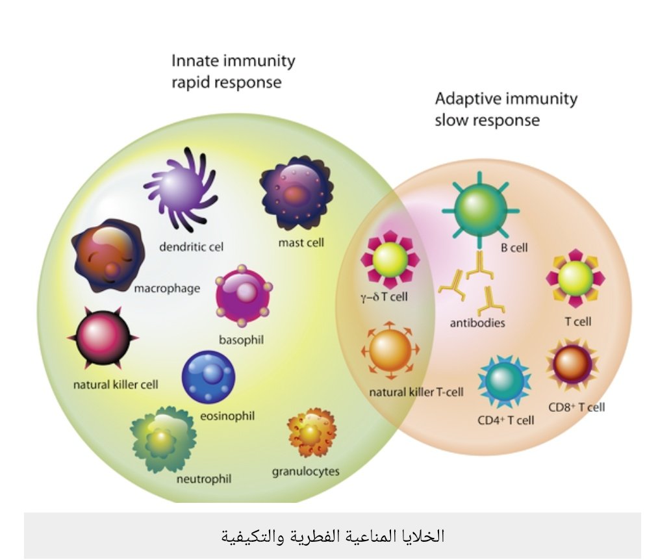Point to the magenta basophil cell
coord(244,298)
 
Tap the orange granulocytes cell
coord(312,433)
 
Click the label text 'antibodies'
coord(477,322)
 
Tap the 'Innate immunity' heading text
coord(233,61)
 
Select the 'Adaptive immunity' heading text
coord(506,99)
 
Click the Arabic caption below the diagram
coord(332,536)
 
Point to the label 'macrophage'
coord(167,288)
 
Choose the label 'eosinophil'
coord(227,416)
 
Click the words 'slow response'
coord(487,120)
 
